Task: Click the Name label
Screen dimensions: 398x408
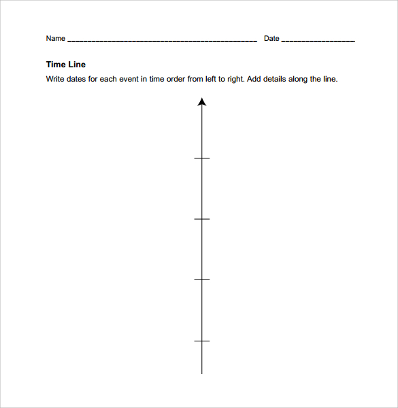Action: tap(55, 39)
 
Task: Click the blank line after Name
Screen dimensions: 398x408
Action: tap(162, 41)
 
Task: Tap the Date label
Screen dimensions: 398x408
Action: tap(271, 39)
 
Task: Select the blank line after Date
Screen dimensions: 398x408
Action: tap(318, 41)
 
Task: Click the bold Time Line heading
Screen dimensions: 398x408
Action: tap(65, 65)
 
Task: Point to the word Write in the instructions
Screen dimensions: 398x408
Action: tap(55, 79)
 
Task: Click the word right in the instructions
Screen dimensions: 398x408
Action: tap(235, 79)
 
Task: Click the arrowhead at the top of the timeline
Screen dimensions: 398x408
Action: tap(201, 102)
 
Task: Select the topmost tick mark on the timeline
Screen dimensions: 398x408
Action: tap(201, 158)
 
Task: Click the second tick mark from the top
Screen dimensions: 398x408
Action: tap(201, 219)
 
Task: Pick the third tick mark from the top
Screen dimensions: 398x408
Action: tap(201, 279)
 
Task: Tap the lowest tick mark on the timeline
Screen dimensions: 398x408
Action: tap(201, 341)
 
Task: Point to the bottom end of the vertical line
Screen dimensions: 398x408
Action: tap(201, 373)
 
